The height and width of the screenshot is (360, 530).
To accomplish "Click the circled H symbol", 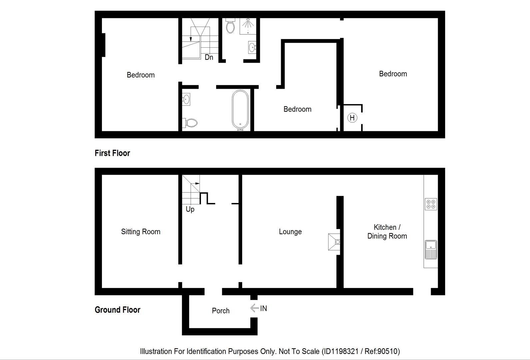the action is click(352, 118).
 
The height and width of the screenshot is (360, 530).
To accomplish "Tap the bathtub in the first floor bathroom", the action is click(240, 110).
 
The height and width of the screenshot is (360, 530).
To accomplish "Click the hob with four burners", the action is click(431, 204).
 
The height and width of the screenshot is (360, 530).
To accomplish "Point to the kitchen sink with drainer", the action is click(431, 250).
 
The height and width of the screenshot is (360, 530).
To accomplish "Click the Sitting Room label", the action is click(141, 231).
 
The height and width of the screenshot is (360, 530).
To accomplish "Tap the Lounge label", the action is click(290, 231).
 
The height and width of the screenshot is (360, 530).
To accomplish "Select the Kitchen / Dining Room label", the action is click(387, 231).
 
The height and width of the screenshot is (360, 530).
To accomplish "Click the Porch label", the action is click(221, 311).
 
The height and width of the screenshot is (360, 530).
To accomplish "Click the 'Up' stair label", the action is click(190, 209).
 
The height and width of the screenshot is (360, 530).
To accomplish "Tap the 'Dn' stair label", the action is click(209, 57).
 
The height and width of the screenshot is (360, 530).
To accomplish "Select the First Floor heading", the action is click(112, 153).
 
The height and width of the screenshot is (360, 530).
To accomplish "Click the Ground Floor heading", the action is click(117, 310).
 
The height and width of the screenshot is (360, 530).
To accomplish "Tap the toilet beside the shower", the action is click(230, 26).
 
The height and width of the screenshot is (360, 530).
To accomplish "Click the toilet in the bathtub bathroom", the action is click(190, 123).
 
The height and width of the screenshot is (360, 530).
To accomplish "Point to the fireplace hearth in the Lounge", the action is click(334, 242).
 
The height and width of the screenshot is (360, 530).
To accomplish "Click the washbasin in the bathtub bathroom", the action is click(186, 99).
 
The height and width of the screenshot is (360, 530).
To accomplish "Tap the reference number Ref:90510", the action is click(382, 351).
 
